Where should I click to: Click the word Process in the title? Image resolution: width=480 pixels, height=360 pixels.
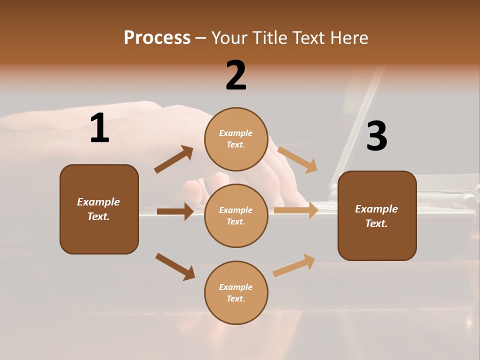tap(157, 38)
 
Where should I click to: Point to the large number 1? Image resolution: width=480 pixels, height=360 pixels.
tap(99, 128)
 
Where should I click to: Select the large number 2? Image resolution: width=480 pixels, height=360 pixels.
tap(236, 75)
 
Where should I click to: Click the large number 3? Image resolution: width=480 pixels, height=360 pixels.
tap(376, 136)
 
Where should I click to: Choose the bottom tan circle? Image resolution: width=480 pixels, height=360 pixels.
tap(236, 312)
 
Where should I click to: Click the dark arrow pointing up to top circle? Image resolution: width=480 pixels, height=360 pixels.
tap(173, 159)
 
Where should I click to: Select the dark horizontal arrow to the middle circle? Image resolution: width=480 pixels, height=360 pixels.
tap(175, 211)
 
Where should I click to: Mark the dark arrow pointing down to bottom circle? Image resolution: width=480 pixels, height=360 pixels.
tap(175, 266)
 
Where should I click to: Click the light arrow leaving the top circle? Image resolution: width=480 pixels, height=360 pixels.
tap(297, 159)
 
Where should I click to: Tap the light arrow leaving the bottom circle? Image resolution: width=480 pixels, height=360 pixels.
tap(294, 265)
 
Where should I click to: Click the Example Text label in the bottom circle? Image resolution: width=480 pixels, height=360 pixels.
tap(236, 293)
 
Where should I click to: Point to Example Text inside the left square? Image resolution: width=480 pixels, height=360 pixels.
tap(99, 209)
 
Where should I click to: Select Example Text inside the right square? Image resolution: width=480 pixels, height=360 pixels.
tap(377, 216)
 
